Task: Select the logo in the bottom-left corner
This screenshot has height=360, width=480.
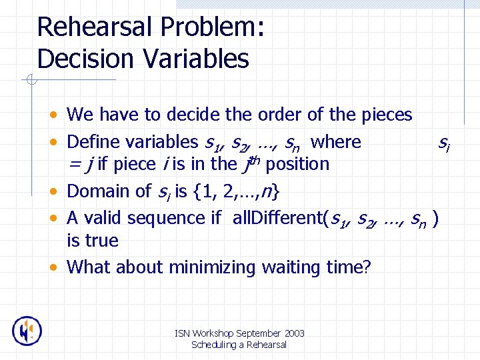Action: pos(27,331)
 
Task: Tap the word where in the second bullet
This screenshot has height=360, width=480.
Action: pos(336,142)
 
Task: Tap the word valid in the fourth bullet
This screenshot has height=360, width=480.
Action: pos(102,218)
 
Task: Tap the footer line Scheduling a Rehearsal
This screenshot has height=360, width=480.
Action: pos(239,345)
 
